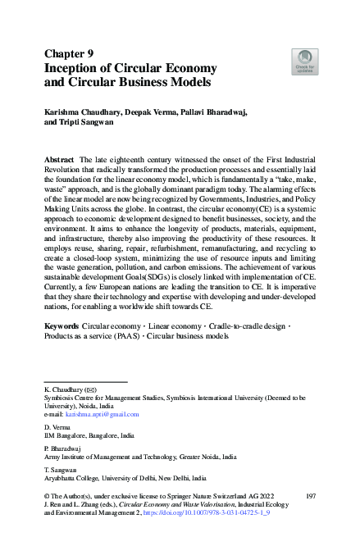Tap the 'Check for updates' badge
click(304, 61)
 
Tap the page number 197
click(310, 497)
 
